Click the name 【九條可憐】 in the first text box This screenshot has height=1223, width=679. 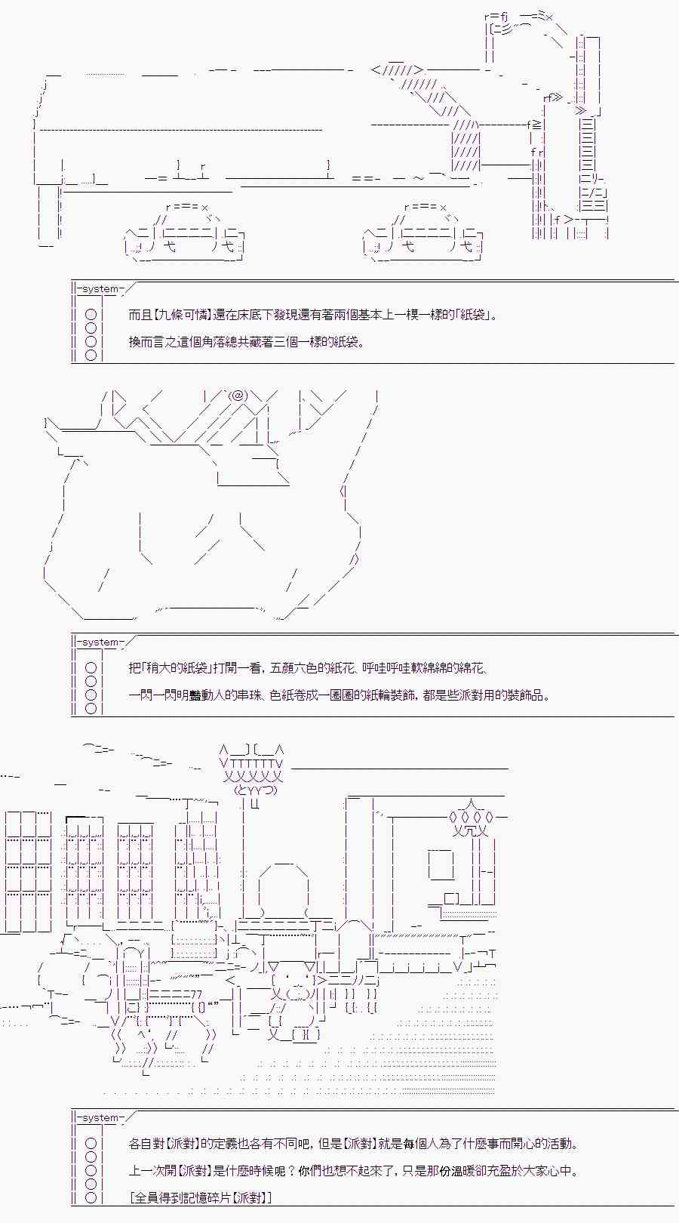point(180,315)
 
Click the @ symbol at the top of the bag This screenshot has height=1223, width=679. point(238,395)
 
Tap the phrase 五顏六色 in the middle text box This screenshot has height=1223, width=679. point(293,668)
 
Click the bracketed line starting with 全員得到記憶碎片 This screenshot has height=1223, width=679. point(201,1198)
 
